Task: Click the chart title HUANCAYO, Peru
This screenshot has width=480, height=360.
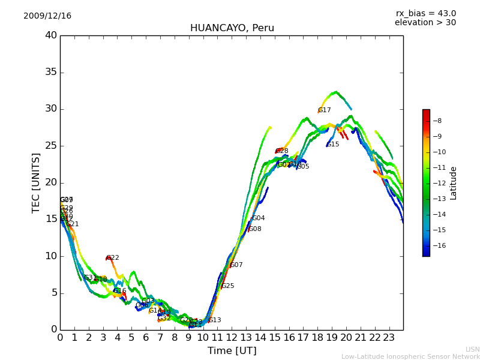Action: (232, 28)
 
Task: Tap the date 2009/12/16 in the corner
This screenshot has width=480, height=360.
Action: (47, 16)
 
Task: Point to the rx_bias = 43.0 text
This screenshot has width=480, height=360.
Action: (425, 13)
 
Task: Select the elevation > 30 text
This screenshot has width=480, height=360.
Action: (425, 23)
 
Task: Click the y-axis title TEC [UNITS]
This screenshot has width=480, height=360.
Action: (36, 182)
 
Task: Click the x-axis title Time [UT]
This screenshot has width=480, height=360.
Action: (232, 351)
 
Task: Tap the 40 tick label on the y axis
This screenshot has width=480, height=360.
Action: (51, 35)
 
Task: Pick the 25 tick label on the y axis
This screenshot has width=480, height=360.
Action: (51, 146)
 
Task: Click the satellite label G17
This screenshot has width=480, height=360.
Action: (325, 110)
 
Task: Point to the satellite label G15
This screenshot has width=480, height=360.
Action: (333, 145)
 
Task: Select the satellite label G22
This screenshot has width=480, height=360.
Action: (113, 258)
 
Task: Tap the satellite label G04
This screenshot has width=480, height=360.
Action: (259, 218)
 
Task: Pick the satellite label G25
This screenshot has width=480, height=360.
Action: (228, 286)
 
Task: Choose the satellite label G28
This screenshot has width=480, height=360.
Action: (282, 151)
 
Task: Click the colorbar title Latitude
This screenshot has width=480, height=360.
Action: (454, 183)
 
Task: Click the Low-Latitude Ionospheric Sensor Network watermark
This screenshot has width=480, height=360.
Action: (410, 356)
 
